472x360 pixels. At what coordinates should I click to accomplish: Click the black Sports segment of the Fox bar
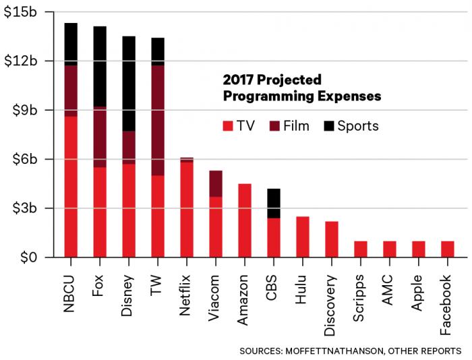click(x=100, y=66)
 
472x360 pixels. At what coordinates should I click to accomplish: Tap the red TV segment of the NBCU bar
click(x=71, y=187)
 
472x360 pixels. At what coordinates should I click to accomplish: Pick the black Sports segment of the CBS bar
click(x=274, y=204)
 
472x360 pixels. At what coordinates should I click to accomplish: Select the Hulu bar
click(x=303, y=237)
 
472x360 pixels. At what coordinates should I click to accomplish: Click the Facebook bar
click(x=448, y=249)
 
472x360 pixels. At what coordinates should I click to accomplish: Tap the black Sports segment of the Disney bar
click(x=129, y=84)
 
